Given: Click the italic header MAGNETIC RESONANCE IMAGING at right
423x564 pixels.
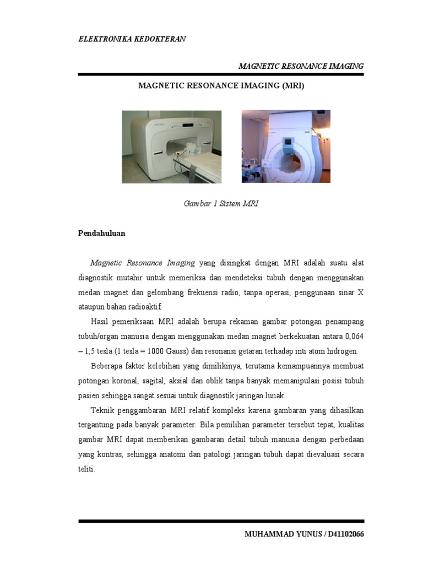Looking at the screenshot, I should pos(301,66).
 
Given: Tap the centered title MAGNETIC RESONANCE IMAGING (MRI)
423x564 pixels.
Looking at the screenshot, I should pos(221,86).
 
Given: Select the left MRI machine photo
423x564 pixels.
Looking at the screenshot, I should pos(172,147).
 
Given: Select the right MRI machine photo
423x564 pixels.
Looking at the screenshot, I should pos(286,147).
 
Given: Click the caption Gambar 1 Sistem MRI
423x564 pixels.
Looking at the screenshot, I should pos(221,203).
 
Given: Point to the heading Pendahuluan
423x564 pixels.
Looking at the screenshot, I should pos(102,234).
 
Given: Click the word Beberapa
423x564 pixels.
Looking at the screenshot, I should pos(106,366).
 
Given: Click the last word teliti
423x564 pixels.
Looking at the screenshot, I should pos(87,470).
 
